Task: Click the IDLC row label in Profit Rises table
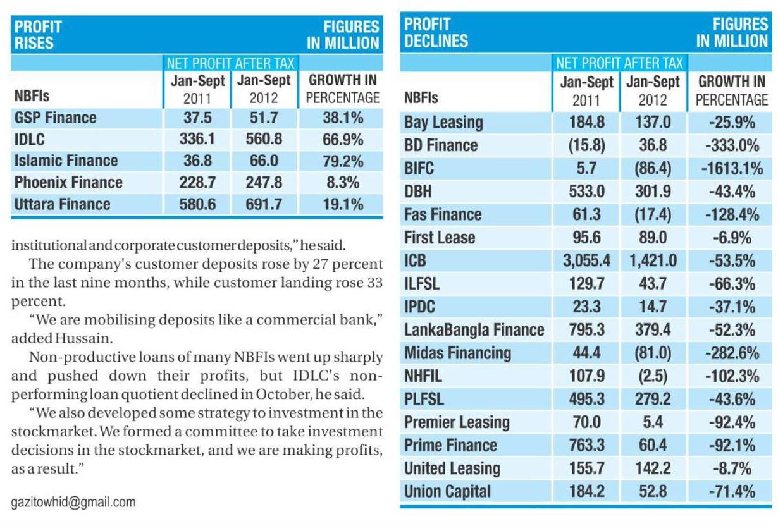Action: coord(29,139)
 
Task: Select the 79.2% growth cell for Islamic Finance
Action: coord(342,161)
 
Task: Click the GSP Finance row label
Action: coord(55,118)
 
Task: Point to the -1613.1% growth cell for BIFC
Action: coord(732,168)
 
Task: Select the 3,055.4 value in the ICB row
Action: coord(585,260)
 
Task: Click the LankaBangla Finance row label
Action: coord(474,329)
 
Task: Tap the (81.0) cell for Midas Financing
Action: coord(653,353)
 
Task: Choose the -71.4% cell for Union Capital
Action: coord(732,491)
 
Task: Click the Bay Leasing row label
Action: coord(443,122)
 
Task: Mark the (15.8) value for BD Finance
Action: coord(586,145)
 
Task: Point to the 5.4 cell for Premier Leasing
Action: coord(653,422)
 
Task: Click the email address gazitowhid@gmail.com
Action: coord(73,503)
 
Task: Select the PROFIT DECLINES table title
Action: coord(436,33)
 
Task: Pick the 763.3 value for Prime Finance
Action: coord(586,445)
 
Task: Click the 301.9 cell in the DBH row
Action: coord(653,191)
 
